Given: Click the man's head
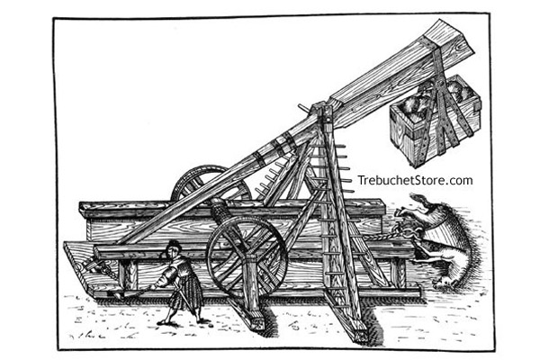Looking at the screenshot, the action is pyautogui.click(x=173, y=249).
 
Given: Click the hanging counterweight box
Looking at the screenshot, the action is pyautogui.click(x=435, y=121).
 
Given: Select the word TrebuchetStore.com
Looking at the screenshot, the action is pyautogui.click(x=415, y=180).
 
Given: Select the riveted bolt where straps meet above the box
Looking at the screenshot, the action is pyautogui.click(x=438, y=85).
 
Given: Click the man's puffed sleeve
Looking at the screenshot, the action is pyautogui.click(x=169, y=274).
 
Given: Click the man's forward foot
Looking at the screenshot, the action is pyautogui.click(x=163, y=322).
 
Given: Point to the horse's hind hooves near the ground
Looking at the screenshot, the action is pyautogui.click(x=445, y=283).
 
